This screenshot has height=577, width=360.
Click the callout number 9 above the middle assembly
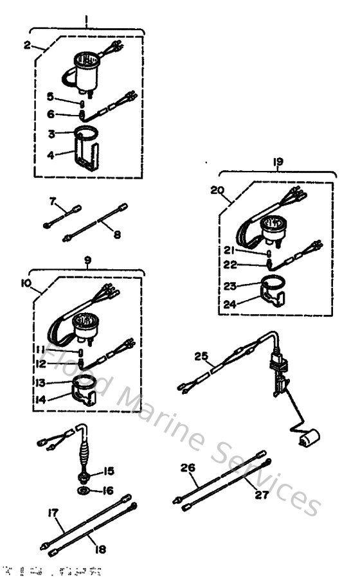87,260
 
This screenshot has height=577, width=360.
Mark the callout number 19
278,164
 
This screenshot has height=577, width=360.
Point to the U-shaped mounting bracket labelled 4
85,154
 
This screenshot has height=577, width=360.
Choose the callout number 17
53,513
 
